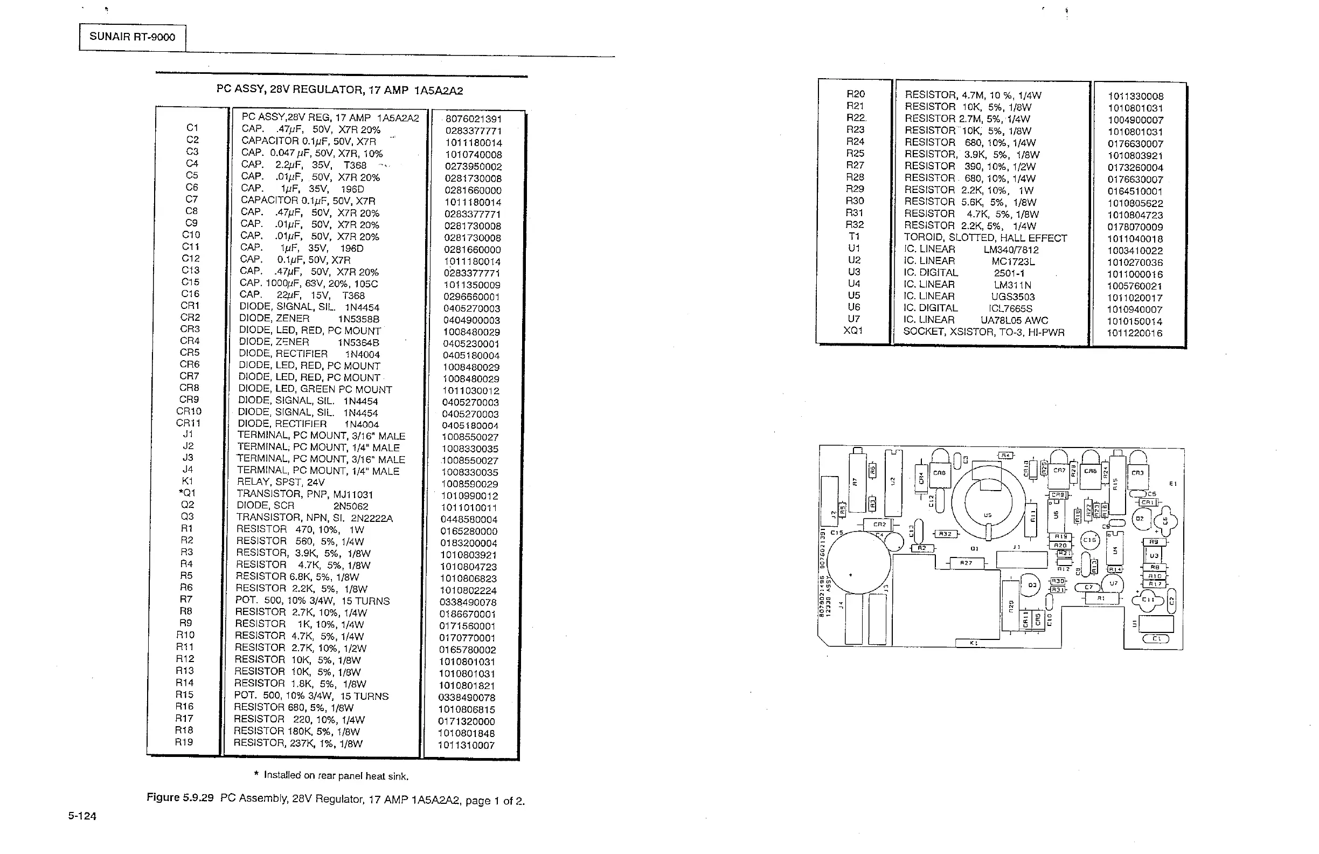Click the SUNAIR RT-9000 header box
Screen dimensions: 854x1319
pos(132,37)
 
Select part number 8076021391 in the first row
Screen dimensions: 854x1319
pos(473,119)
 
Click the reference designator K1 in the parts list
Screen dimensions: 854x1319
pos(188,481)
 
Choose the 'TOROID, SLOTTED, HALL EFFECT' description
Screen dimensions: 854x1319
pos(985,238)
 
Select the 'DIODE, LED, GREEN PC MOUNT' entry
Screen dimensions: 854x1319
pos(315,389)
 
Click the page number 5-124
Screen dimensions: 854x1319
pos(82,816)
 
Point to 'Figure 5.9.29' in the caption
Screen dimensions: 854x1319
pos(179,797)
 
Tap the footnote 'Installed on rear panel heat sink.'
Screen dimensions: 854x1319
pos(336,776)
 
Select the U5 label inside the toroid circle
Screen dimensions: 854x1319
pos(988,515)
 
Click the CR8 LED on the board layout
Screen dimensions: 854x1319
pos(939,473)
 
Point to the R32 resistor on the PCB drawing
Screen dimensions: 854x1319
pos(945,534)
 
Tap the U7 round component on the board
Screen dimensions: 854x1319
pos(1113,583)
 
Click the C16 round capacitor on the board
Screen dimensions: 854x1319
pos(1089,540)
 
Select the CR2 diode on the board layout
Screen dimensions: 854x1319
pos(879,524)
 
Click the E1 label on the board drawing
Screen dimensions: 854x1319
pos(1172,484)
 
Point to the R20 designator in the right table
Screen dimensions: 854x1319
pos(855,94)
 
